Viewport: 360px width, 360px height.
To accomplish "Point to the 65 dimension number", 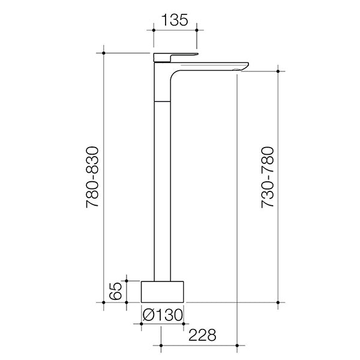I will click(117, 291).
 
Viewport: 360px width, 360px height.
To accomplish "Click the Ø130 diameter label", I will click(162, 313).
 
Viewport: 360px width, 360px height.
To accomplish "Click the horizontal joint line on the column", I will click(162, 99).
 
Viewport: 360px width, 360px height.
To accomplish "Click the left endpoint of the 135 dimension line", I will click(154, 28).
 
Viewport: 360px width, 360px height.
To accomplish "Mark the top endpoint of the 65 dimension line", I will click(127, 280).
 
